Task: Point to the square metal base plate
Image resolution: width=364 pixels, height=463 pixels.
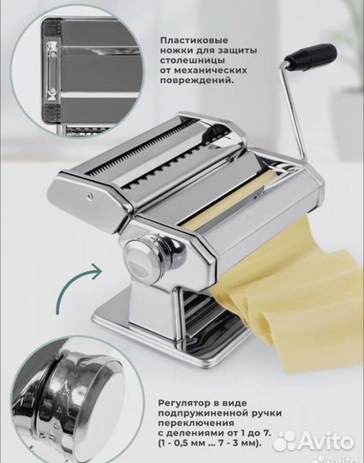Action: (x=154, y=322)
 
